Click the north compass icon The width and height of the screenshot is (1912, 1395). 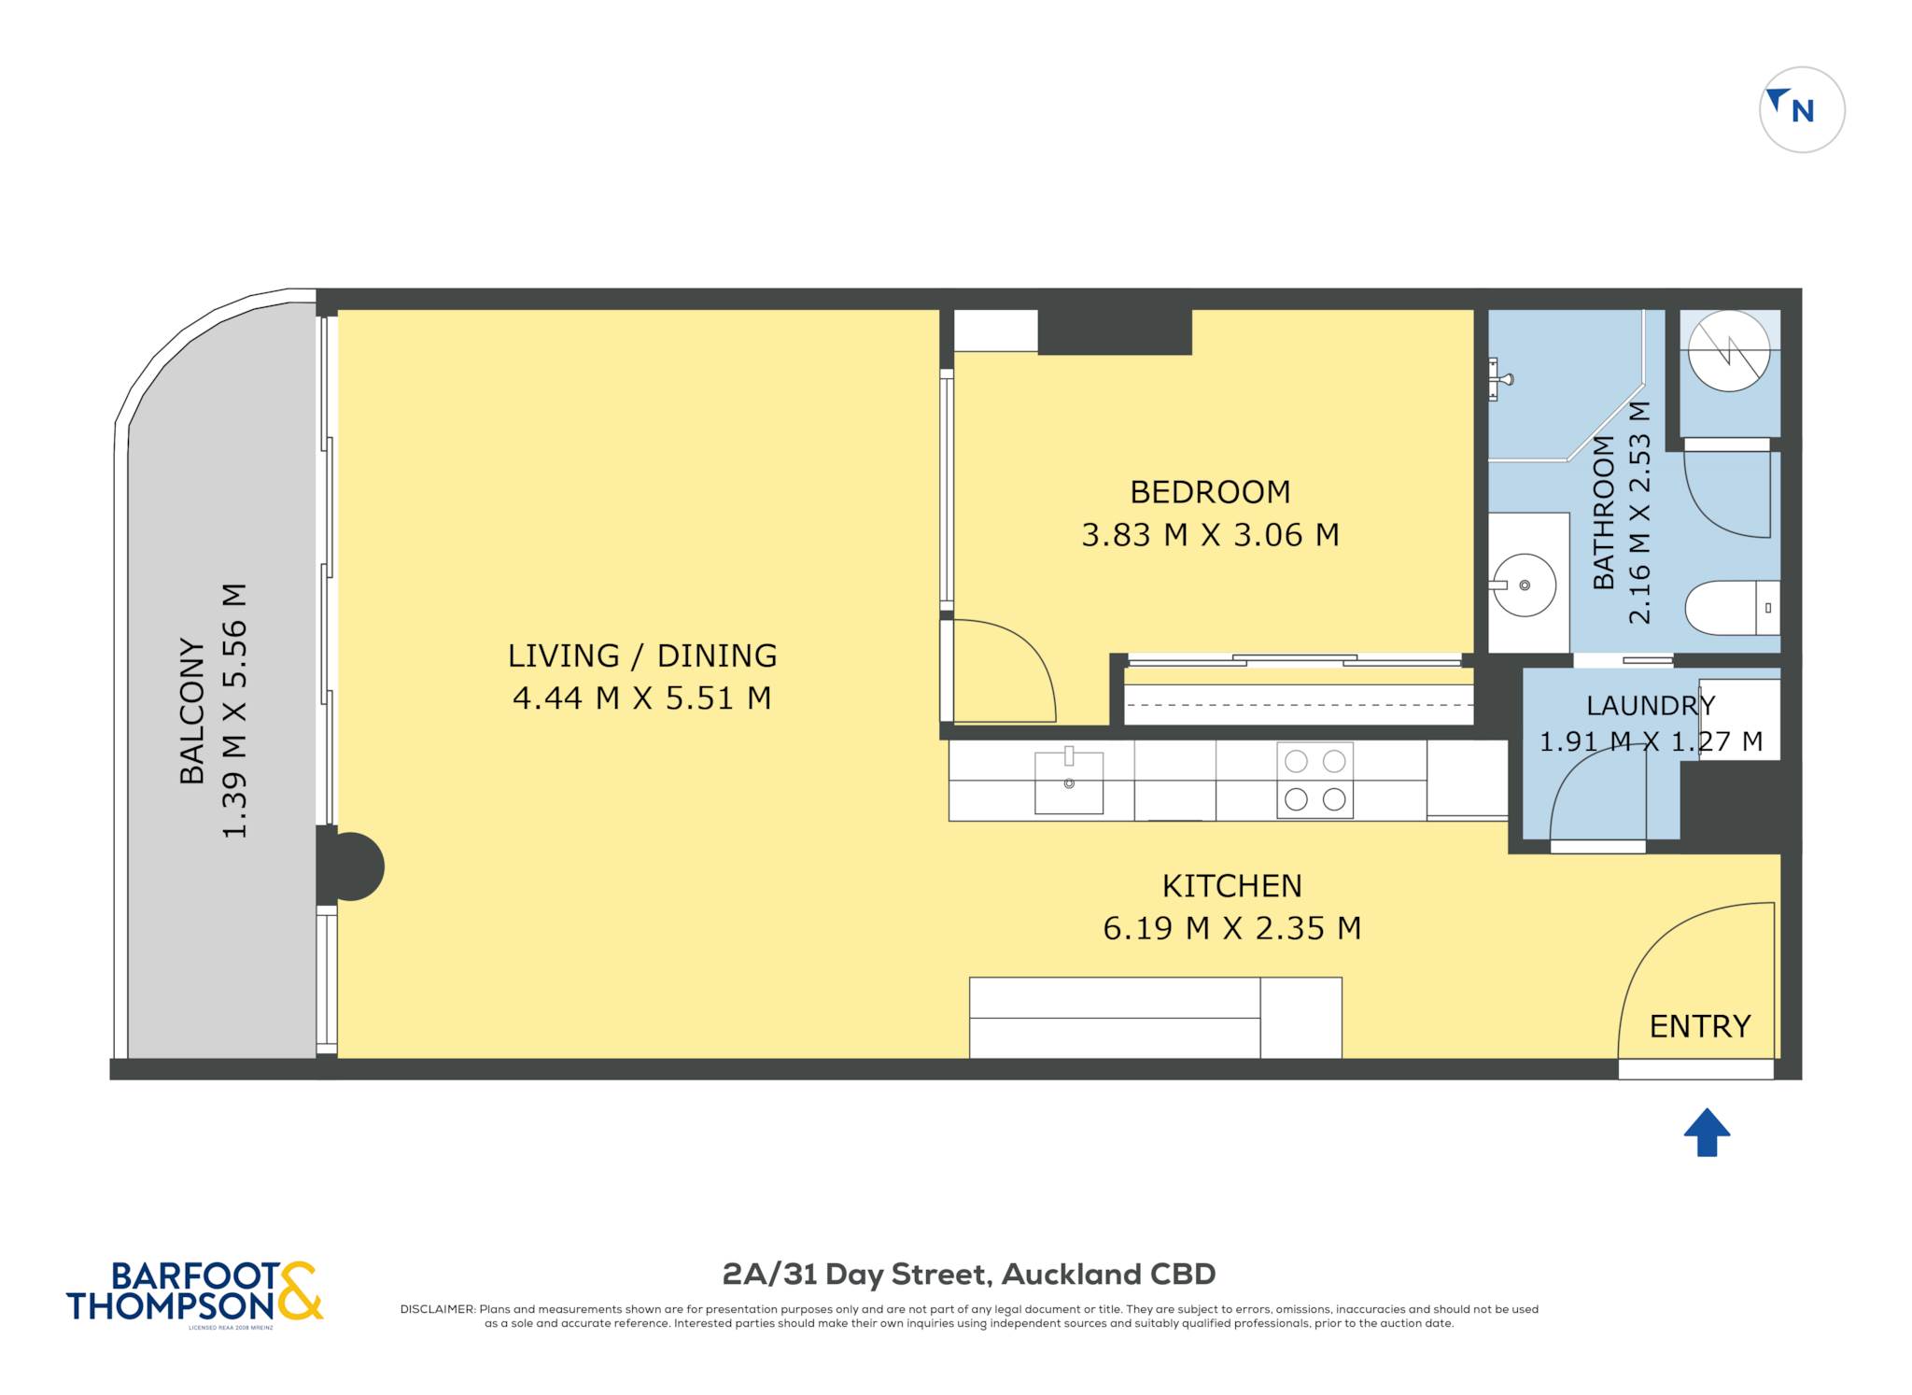coord(1802,109)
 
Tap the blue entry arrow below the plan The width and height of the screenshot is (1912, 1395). coord(1707,1132)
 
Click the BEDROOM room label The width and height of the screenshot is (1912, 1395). coord(1210,491)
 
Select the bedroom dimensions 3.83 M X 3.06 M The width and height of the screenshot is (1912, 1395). coord(1210,535)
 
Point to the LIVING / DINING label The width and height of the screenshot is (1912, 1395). coord(642,655)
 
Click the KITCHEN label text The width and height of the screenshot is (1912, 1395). coord(1231,885)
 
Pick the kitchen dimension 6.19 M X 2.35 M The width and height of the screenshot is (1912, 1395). coord(1231,928)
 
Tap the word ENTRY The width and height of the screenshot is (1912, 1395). coord(1700,1026)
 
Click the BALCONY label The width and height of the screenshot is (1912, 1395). coord(191,712)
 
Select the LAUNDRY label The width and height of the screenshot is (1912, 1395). coord(1651,705)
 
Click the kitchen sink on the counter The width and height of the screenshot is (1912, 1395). coord(1069,781)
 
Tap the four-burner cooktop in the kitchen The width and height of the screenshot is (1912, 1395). coord(1314,781)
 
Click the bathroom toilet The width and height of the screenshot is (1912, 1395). coord(1732,608)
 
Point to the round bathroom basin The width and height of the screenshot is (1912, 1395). coord(1524,585)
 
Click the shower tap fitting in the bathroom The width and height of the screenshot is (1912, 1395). coord(1498,379)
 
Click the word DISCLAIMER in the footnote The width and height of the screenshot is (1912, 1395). coord(437,1309)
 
